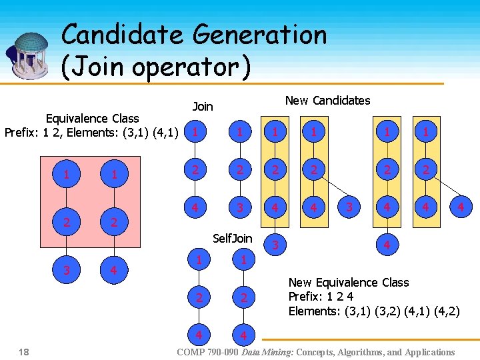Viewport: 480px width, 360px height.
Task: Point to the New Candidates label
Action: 327,101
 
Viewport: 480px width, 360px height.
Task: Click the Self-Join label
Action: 232,238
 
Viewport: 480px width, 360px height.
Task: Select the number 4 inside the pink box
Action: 114,270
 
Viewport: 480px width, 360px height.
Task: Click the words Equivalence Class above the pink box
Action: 93,119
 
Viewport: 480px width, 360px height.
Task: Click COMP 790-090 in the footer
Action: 207,352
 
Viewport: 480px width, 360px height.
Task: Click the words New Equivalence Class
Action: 348,283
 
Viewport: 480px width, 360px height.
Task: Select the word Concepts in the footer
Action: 317,352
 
